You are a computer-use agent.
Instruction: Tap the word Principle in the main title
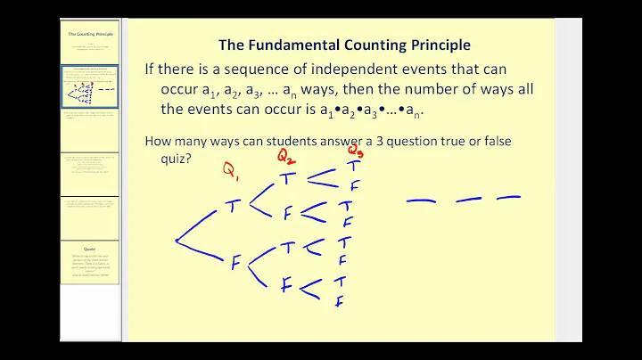[x=434, y=43]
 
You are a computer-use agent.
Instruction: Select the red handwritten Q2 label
[x=285, y=157]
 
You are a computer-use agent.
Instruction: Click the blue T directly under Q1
[x=233, y=206]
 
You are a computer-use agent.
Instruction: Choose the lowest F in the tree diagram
[x=339, y=301]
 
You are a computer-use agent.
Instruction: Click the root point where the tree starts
[x=176, y=241]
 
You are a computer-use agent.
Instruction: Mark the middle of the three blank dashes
[x=469, y=200]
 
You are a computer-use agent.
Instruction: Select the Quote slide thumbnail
[x=89, y=262]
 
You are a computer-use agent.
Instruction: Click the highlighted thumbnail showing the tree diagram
[x=89, y=86]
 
